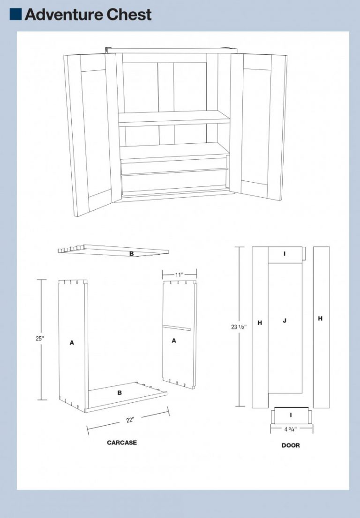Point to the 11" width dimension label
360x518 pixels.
(179, 275)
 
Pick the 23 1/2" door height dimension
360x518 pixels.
(239, 327)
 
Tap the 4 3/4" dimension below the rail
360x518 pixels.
(291, 429)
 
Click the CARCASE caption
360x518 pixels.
(122, 443)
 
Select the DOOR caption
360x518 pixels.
(291, 445)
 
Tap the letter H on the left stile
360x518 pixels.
(260, 323)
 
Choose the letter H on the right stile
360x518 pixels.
(320, 318)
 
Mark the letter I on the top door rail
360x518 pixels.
(285, 254)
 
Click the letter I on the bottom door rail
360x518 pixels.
(291, 414)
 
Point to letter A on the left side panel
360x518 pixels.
(72, 343)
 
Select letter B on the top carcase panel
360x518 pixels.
(132, 254)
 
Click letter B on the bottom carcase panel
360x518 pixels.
(120, 392)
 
